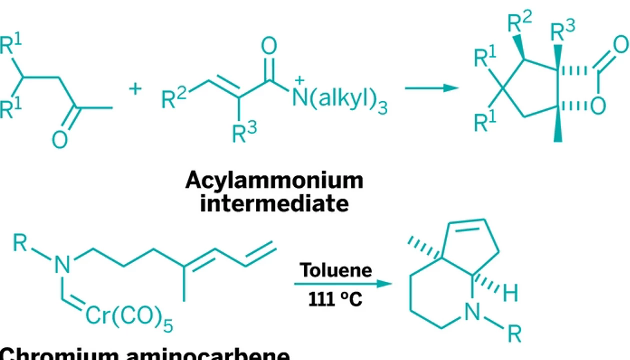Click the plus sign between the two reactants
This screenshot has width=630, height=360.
[135, 89]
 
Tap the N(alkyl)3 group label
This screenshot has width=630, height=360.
[340, 99]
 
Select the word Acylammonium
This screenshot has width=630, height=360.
[274, 181]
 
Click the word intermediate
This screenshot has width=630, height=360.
[274, 204]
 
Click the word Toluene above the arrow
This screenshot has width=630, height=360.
[336, 270]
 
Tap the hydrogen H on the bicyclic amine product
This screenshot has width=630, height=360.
[510, 294]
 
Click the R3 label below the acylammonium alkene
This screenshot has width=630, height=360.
[244, 132]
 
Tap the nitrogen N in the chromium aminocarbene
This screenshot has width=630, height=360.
[62, 265]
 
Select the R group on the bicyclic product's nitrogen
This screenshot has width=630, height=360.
[514, 333]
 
